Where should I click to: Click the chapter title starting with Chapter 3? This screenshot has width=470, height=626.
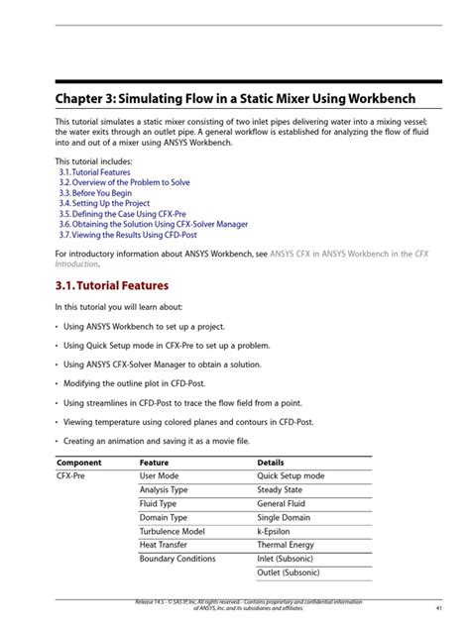click(x=235, y=100)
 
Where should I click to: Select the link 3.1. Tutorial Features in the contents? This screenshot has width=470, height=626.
click(x=94, y=172)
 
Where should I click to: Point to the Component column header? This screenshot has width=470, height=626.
click(x=79, y=463)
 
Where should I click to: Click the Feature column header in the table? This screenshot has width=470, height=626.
click(x=154, y=463)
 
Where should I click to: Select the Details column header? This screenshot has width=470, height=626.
click(x=271, y=463)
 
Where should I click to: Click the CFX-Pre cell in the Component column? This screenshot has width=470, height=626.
click(x=72, y=476)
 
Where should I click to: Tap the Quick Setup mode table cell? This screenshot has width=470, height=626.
click(x=291, y=476)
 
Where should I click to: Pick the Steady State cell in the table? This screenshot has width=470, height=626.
click(x=281, y=490)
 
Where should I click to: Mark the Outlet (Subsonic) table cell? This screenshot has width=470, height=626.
click(x=289, y=573)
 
